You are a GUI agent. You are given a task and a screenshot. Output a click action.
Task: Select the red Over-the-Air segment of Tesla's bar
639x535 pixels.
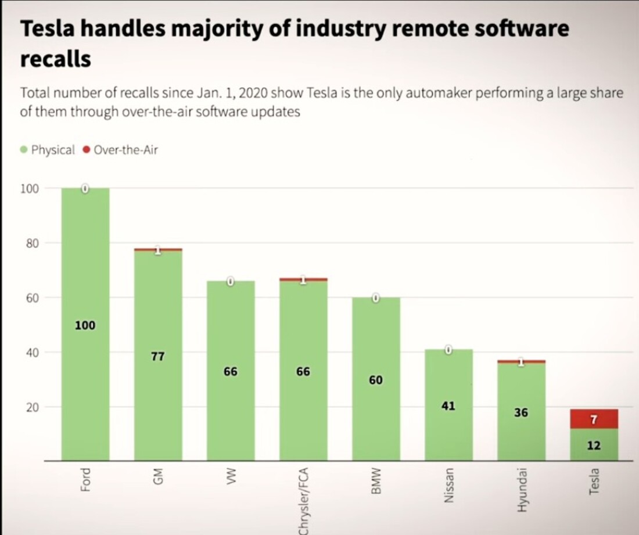click(594, 419)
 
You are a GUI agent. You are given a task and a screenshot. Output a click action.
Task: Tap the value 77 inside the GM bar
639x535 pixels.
click(157, 357)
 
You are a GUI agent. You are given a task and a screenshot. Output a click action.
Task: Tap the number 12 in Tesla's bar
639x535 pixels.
click(594, 446)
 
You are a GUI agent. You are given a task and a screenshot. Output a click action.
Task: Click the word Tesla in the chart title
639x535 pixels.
click(49, 30)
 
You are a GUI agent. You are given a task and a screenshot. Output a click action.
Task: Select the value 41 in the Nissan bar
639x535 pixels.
click(448, 406)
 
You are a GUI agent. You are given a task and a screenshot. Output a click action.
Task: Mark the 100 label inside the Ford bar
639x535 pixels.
click(85, 325)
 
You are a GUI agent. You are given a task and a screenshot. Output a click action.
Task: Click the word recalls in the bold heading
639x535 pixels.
click(56, 59)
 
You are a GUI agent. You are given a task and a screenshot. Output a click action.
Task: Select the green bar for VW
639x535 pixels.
click(231, 407)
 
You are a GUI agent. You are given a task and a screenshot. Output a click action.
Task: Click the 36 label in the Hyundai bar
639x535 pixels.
click(521, 412)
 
